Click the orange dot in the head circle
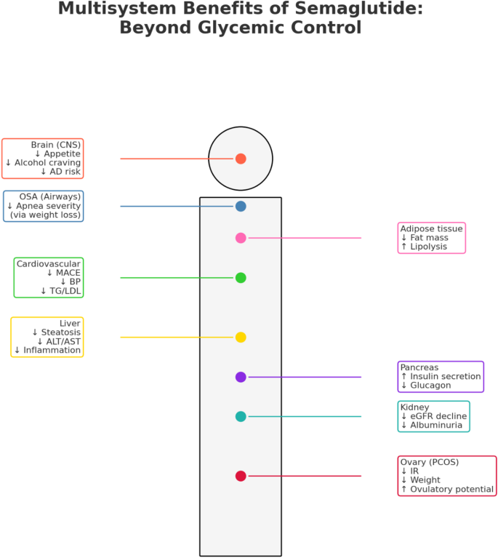coord(241,159)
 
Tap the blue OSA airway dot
coord(241,207)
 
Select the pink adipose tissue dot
coord(241,238)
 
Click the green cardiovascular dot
coord(241,278)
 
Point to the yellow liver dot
coord(241,338)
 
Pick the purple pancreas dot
coord(241,378)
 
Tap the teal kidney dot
coord(241,417)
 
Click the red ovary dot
coord(241,476)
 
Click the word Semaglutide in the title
coord(359,9)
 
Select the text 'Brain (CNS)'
coord(56,145)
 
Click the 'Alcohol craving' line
coord(48,163)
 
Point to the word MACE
coord(68,273)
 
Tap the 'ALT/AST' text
coord(63,342)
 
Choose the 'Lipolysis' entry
coord(429,247)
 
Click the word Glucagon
coord(430,386)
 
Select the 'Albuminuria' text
coord(436,426)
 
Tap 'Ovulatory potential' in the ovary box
coord(451,490)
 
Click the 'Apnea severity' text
coord(49,206)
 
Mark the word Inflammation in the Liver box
coord(52,351)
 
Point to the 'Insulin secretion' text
coord(446,377)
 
